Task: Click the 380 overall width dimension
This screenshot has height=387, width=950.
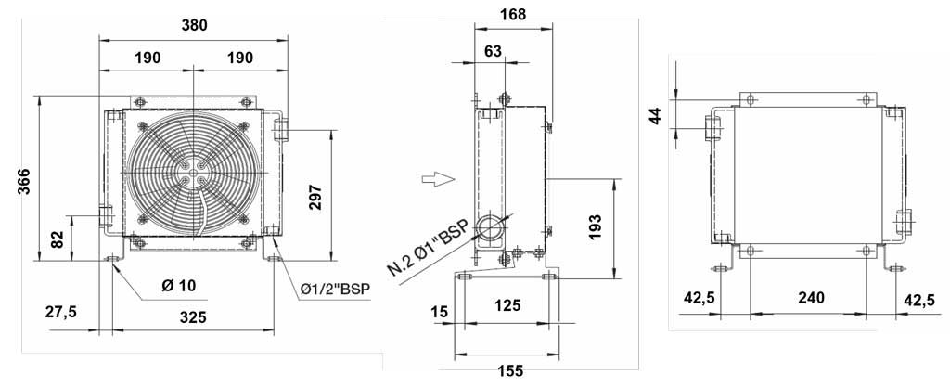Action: click(x=195, y=25)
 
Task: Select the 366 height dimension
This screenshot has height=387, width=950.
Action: click(x=23, y=181)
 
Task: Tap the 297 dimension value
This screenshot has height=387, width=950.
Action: click(x=315, y=197)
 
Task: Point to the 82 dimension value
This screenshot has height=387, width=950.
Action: click(x=57, y=239)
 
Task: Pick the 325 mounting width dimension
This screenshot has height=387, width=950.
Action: click(x=194, y=316)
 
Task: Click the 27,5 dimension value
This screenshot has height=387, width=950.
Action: click(x=60, y=312)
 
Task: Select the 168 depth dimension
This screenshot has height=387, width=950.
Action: click(x=513, y=13)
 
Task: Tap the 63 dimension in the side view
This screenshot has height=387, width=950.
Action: click(x=494, y=51)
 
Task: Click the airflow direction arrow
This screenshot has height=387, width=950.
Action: click(x=438, y=179)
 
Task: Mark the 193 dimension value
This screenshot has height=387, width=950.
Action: click(x=595, y=227)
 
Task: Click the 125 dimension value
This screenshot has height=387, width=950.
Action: click(x=507, y=305)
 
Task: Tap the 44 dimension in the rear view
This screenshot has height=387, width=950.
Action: click(x=656, y=114)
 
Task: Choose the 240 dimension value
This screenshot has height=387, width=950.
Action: click(x=811, y=297)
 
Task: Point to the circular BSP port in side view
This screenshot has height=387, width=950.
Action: click(x=490, y=227)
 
